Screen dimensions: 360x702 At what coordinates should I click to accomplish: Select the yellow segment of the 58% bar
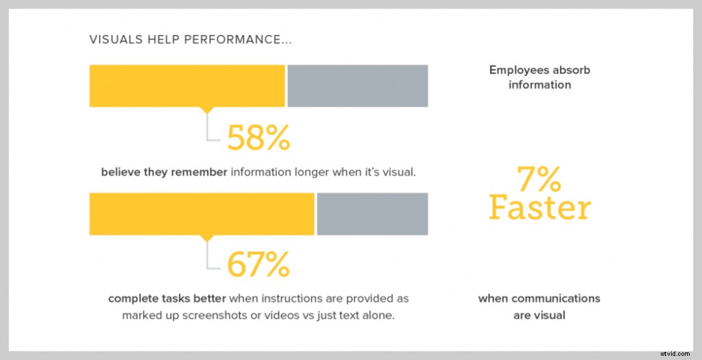[x=186, y=86]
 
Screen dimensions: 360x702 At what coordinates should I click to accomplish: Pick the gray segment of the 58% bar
[x=358, y=86]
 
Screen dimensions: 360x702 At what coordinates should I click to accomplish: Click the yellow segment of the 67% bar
[x=202, y=214]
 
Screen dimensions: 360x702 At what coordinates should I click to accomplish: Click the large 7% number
[x=539, y=180]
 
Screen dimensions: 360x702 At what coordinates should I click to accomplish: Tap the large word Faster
[x=539, y=207]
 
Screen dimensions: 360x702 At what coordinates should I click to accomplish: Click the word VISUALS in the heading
[x=114, y=40]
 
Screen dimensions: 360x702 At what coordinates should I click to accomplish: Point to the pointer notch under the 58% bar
[x=207, y=110]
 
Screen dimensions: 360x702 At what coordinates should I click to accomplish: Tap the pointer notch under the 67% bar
[x=207, y=239]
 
